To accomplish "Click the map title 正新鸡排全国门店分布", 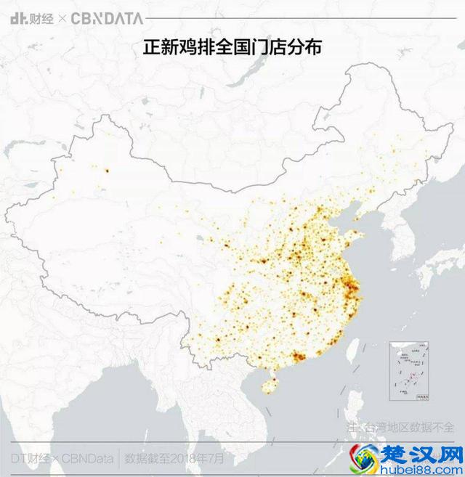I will [x=232, y=47].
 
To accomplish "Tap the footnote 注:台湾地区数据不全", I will [x=400, y=427].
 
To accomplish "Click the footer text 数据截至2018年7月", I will [x=175, y=458].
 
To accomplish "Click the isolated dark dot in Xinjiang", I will [x=107, y=171].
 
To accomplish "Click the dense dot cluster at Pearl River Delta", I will [x=297, y=356].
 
